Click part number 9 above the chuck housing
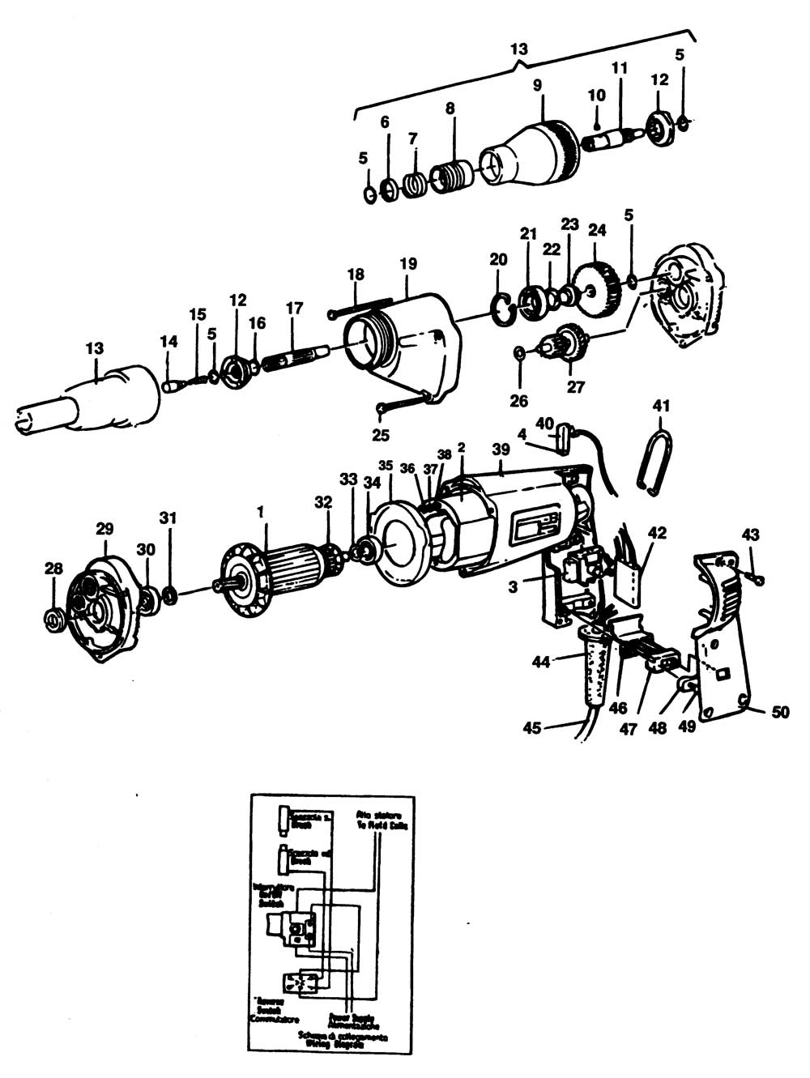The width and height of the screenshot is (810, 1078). pos(536,84)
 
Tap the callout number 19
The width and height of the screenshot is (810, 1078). pos(407,263)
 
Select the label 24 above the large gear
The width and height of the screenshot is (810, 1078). pos(597,230)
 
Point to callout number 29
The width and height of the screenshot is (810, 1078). pos(104,529)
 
